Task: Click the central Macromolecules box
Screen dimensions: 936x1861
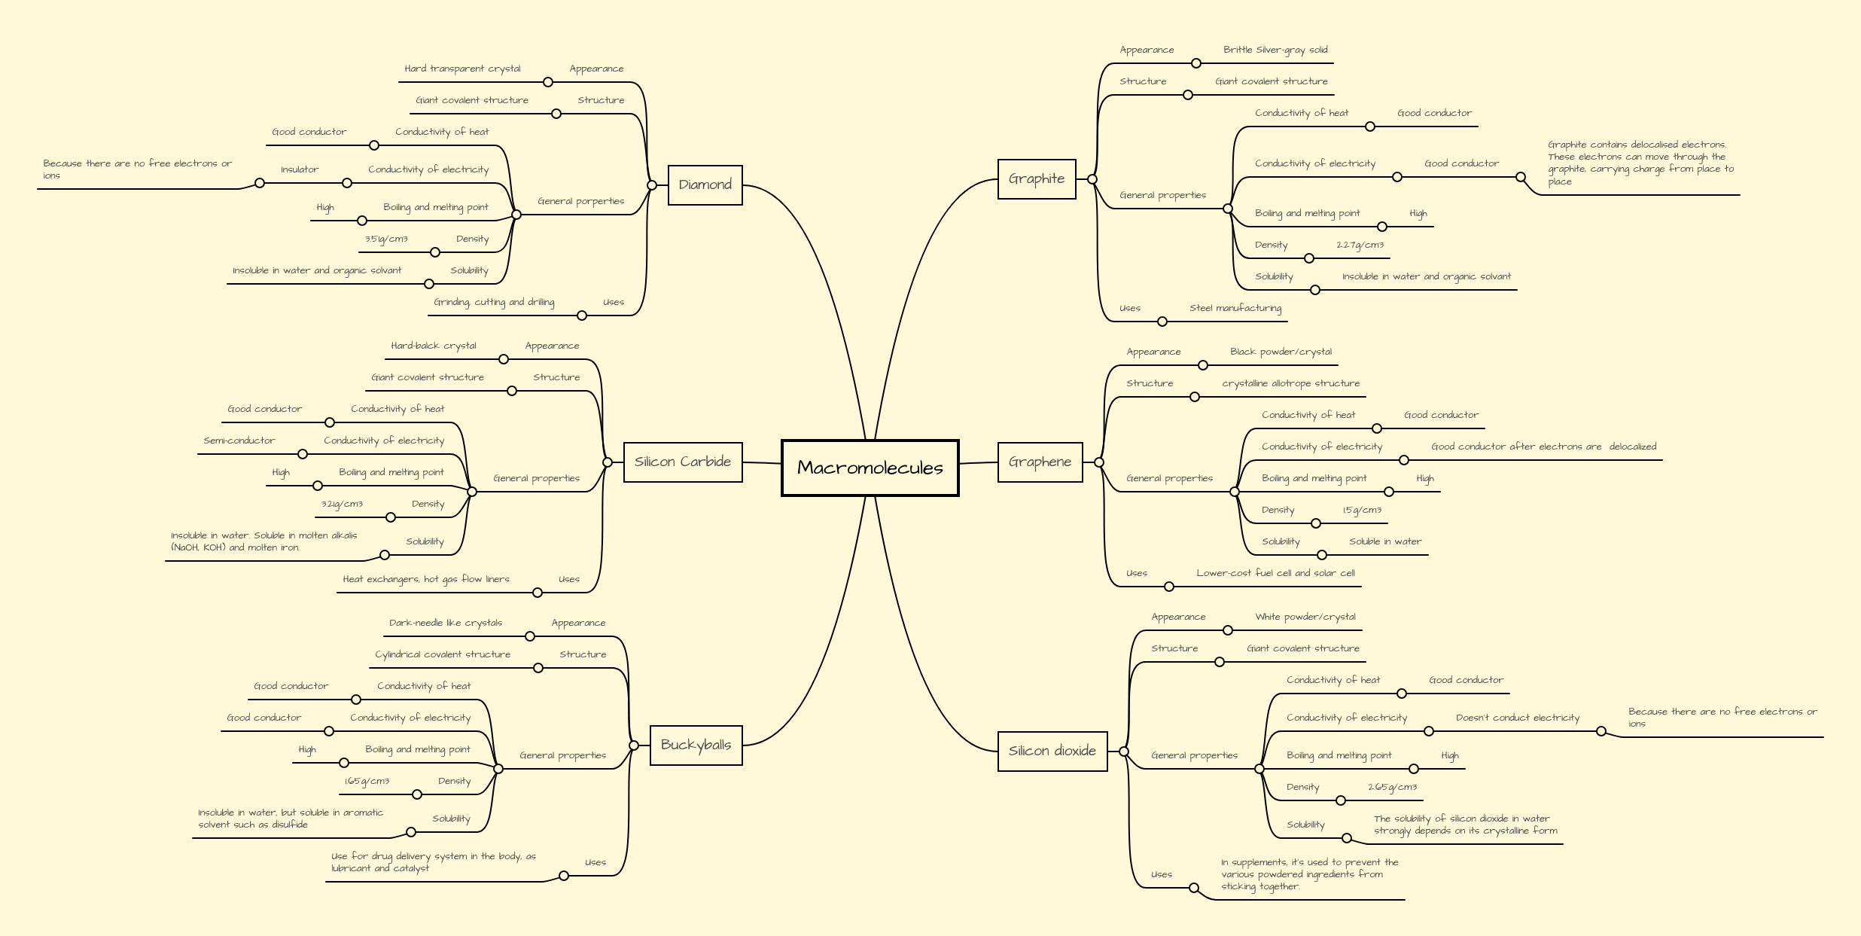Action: pyautogui.click(x=870, y=468)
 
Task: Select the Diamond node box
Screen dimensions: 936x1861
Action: pyautogui.click(x=705, y=184)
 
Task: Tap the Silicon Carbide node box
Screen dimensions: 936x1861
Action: pyautogui.click(x=682, y=462)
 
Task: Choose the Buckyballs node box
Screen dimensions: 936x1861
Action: pyautogui.click(x=696, y=745)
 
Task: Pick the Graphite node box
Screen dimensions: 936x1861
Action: pyautogui.click(x=1037, y=178)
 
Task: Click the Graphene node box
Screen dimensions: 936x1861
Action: pyautogui.click(x=1040, y=462)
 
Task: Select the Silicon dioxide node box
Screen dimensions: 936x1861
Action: pyautogui.click(x=1052, y=751)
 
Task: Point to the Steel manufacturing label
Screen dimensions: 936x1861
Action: pyautogui.click(x=1235, y=308)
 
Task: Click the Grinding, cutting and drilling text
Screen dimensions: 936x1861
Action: pyautogui.click(x=494, y=302)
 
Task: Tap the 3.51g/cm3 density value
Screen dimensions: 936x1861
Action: pyautogui.click(x=386, y=239)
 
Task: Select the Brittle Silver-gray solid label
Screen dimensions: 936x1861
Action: pyautogui.click(x=1275, y=50)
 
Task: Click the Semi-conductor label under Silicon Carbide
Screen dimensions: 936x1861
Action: pyautogui.click(x=239, y=441)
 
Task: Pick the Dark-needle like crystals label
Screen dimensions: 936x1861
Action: pyautogui.click(x=446, y=623)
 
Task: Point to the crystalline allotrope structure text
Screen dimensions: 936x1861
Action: pyautogui.click(x=1290, y=383)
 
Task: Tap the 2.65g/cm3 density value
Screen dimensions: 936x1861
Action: pyautogui.click(x=1392, y=787)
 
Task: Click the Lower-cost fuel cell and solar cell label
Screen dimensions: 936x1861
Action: pyautogui.click(x=1275, y=573)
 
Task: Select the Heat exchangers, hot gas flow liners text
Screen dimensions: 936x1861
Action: pyautogui.click(x=426, y=579)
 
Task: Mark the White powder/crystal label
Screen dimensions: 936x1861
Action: pyautogui.click(x=1305, y=617)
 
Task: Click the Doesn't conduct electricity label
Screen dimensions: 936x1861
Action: pyautogui.click(x=1517, y=718)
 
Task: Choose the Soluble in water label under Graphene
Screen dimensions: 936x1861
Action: pyautogui.click(x=1385, y=541)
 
